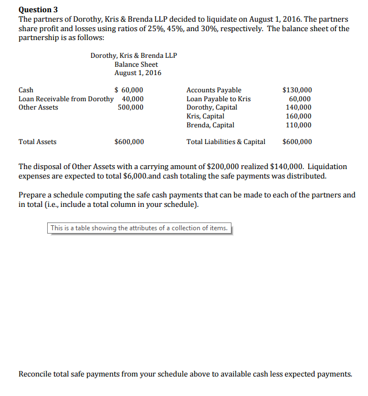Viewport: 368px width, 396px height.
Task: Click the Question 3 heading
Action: (38, 9)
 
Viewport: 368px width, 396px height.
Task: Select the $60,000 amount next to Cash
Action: (129, 90)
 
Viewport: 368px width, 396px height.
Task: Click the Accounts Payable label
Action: (214, 90)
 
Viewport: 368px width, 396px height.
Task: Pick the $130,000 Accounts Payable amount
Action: (297, 90)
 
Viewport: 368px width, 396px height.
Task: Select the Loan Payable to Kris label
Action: (218, 99)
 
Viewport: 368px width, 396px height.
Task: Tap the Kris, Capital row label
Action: (205, 116)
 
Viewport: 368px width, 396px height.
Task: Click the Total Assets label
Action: (37, 142)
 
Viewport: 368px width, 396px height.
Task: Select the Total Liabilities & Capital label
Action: (225, 142)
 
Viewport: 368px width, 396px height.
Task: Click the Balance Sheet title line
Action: (136, 65)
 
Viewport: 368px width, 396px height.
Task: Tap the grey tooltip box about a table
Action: (139, 228)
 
